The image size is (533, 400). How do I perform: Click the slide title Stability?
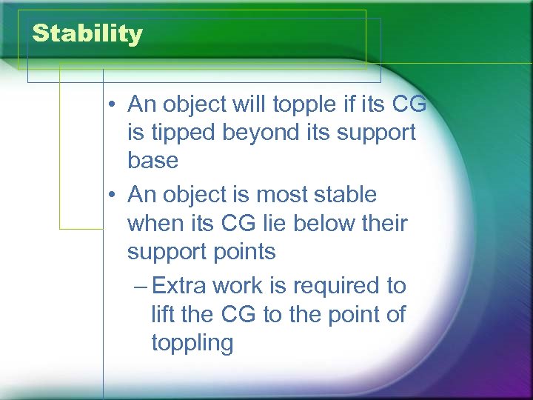coord(87,34)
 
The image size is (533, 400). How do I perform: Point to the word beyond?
coord(269,132)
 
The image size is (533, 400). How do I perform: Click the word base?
coord(152,160)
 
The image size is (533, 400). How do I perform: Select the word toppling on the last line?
coord(192,343)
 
